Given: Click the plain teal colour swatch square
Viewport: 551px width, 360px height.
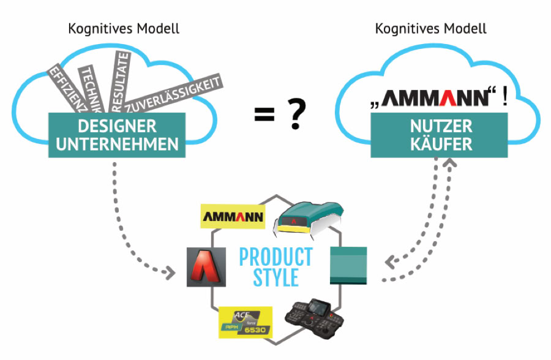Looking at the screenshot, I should pyautogui.click(x=348, y=265).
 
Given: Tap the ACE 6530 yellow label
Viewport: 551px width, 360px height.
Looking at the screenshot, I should pyautogui.click(x=245, y=321).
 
